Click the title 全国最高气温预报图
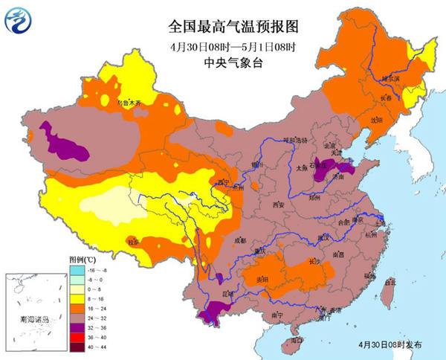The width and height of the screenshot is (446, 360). [x=223, y=28]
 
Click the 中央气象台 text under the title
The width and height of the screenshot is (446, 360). [x=223, y=63]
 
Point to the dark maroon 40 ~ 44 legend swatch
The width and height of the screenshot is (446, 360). [x=74, y=347]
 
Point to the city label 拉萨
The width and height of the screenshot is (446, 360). [x=132, y=242]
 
